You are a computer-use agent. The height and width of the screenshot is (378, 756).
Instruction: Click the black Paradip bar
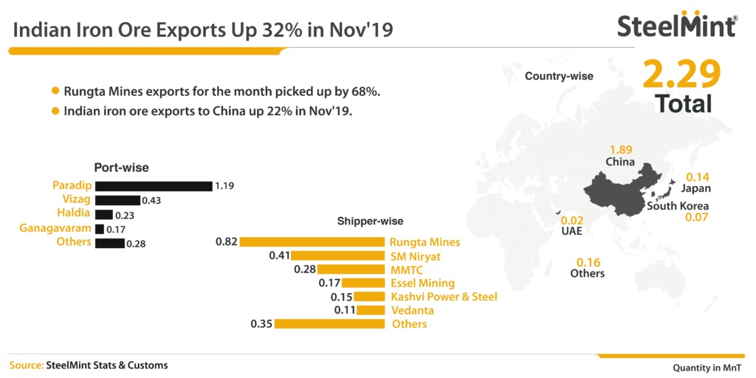pyautogui.click(x=154, y=186)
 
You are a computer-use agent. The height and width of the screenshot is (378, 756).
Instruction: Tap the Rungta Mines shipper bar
pyautogui.click(x=312, y=242)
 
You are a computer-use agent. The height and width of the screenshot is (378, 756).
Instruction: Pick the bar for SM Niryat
pyautogui.click(x=337, y=256)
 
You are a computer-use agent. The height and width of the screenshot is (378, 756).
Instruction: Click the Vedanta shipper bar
pyautogui.click(x=371, y=310)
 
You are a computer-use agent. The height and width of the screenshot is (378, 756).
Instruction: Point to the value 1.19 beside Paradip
pyautogui.click(x=224, y=186)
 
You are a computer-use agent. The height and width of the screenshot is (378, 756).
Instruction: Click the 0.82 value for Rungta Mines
pyautogui.click(x=227, y=241)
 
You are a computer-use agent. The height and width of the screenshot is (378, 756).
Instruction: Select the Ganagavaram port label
pyautogui.click(x=55, y=227)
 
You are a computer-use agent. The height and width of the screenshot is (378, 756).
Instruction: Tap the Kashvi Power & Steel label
pyautogui.click(x=444, y=297)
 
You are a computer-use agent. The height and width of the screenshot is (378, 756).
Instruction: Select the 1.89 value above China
pyautogui.click(x=622, y=149)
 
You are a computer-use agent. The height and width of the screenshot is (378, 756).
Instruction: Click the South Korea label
pyautogui.click(x=678, y=207)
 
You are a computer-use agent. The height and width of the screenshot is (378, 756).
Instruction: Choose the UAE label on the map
pyautogui.click(x=571, y=231)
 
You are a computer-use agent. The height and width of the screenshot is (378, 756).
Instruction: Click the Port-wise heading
pyautogui.click(x=121, y=168)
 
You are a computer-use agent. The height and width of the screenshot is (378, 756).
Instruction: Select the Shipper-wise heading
pyautogui.click(x=371, y=221)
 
